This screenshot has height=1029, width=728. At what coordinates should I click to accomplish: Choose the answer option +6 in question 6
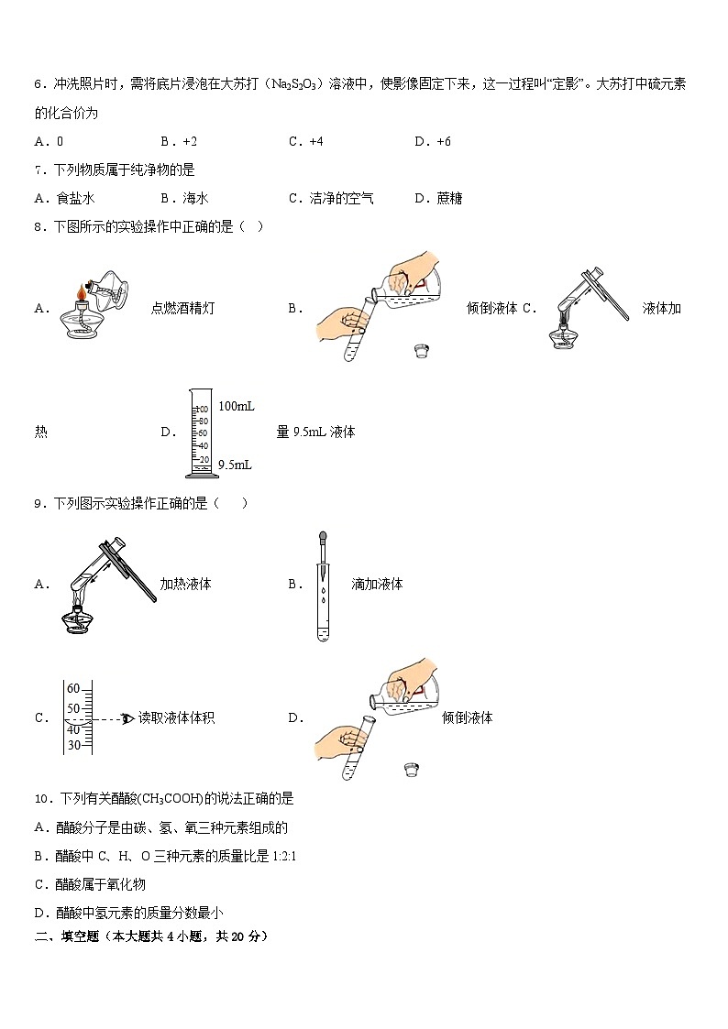(x=439, y=141)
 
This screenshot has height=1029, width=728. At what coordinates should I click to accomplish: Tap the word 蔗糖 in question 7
(x=449, y=198)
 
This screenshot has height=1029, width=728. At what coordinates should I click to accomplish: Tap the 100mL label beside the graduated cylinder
(x=237, y=406)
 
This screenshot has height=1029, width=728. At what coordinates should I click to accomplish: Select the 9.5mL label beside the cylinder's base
(x=235, y=465)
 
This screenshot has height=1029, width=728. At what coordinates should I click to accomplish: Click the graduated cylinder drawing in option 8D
(x=201, y=434)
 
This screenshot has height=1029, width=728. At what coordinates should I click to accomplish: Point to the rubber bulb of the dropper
(x=322, y=537)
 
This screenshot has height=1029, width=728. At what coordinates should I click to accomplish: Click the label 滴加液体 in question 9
(x=377, y=584)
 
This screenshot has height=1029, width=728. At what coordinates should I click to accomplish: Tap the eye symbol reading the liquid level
(x=127, y=718)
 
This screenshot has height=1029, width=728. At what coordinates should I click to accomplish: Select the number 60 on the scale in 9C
(x=74, y=690)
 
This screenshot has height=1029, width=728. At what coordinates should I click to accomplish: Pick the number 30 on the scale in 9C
(x=74, y=745)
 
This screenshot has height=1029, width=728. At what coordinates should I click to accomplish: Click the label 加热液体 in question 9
(x=185, y=584)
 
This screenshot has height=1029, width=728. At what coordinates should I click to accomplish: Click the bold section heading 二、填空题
(x=70, y=936)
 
